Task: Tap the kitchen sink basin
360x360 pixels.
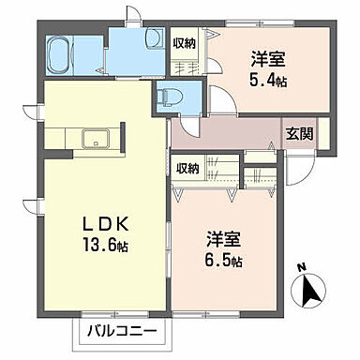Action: click(97, 141)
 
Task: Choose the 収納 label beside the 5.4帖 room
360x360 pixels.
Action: click(185, 42)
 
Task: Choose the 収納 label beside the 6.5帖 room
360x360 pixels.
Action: click(188, 168)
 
